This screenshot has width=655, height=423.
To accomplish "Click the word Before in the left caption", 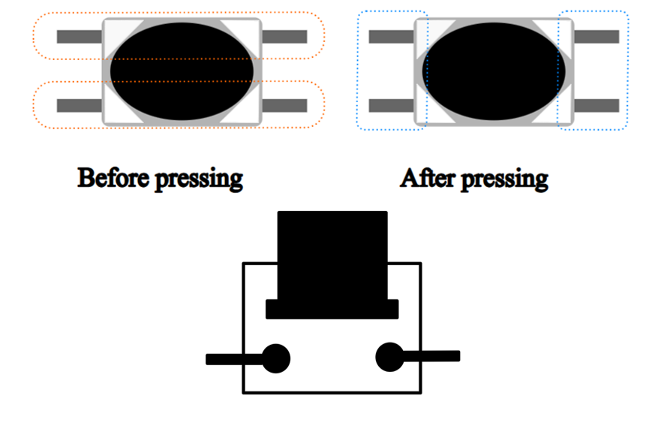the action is [113, 177].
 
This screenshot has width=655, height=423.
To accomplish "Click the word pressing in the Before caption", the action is [199, 180].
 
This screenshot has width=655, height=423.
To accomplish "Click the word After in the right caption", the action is [428, 178].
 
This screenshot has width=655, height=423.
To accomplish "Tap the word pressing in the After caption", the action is [505, 180].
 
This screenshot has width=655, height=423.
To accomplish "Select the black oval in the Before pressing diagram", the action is [182, 71].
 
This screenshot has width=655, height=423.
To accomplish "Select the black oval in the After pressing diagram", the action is [494, 71].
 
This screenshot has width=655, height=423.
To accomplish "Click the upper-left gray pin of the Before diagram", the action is [80, 37].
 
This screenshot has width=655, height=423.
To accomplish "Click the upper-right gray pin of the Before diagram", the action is [284, 37].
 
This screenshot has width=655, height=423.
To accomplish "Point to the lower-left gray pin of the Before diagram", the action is [80, 105].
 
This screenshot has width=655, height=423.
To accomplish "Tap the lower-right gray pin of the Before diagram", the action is [284, 105].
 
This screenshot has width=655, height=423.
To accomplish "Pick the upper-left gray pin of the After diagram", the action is [392, 37].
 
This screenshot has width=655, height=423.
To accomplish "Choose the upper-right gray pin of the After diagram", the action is [596, 37].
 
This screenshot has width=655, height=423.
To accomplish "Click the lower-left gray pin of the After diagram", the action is [392, 105].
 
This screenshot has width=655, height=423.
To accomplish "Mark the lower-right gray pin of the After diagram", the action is [596, 105].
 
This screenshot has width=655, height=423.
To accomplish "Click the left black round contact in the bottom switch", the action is [275, 358].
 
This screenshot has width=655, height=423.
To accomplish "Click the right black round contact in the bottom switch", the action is [389, 357].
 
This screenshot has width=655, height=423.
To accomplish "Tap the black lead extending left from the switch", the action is [234, 359].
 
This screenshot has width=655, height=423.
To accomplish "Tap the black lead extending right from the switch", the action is [431, 356].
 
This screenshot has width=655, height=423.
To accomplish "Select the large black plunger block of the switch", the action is [332, 255].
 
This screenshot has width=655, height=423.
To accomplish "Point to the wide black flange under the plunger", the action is [332, 310].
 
